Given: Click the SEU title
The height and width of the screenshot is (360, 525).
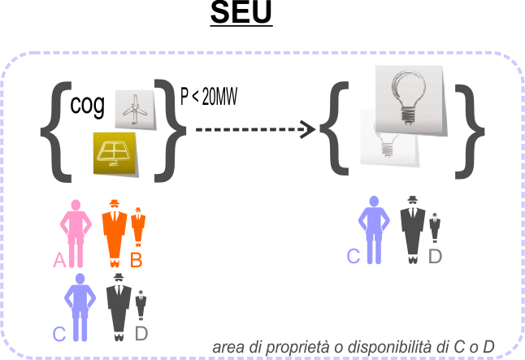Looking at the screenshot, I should (241, 14).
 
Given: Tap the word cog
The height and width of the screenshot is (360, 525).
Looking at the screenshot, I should (88, 106).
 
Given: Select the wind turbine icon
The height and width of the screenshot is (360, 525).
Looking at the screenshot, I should (132, 108).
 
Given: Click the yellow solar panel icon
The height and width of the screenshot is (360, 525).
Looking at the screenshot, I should (115, 152).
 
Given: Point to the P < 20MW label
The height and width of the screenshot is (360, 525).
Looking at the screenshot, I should (208, 99).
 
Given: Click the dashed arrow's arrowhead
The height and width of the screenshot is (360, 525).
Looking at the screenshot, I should (307, 128).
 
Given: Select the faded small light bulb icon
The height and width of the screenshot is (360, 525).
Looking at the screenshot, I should (390, 141).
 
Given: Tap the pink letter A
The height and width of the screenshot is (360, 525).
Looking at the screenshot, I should (59, 260).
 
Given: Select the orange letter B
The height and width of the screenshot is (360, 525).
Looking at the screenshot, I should (137, 260).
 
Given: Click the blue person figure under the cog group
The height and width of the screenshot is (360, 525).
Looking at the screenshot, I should (80, 306).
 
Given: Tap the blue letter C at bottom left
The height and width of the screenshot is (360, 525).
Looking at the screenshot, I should (59, 333).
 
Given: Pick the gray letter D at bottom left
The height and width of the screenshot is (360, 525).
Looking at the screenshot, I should (141, 333).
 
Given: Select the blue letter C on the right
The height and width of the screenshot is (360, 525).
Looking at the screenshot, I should (353, 256).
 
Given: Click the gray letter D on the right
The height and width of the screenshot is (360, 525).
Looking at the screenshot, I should (435, 256).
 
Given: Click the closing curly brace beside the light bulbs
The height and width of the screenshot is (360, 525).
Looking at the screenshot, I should (466, 130).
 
